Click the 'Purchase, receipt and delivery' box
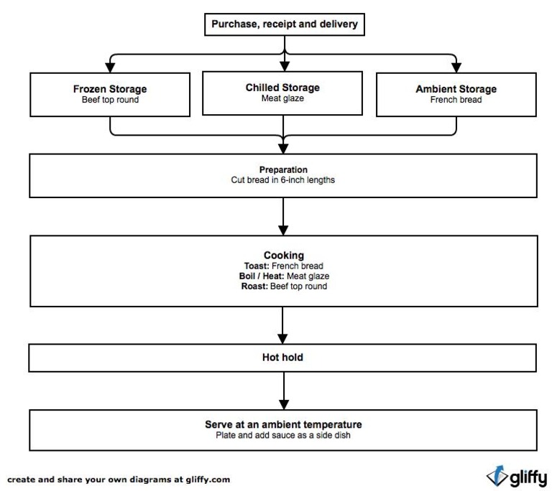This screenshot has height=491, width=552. pos(283,25)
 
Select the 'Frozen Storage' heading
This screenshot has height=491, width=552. pos(110,89)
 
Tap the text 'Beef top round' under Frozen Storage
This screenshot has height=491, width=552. pos(110,100)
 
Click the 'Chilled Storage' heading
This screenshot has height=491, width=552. pos(282,88)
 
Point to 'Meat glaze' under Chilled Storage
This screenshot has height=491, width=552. pos(282,98)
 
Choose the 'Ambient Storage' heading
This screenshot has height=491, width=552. pos(456,89)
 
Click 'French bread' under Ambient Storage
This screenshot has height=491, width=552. pos(456,100)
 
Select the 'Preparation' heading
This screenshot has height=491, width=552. pos(283,170)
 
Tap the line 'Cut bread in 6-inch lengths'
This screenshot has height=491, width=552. pos(283,180)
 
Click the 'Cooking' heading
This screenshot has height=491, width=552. pos(283,255)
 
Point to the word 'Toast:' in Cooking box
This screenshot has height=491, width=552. pos(256,266)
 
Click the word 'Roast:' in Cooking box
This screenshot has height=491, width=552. pos(254,286)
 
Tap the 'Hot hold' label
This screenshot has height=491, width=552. pos(283,357)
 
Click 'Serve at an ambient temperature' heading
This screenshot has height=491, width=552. pos(283,424)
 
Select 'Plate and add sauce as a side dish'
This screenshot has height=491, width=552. pos(283,434)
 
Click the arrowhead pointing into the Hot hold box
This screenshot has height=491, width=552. pos(283,338)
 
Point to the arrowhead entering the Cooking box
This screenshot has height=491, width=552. pos(283,229)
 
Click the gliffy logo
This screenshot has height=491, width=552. pos(516,476)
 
